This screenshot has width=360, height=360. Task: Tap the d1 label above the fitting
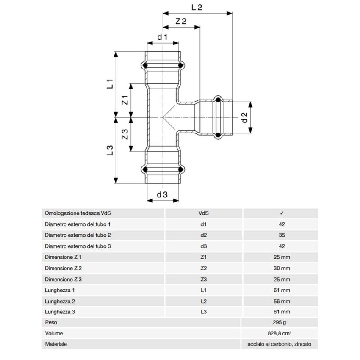[x=163, y=37]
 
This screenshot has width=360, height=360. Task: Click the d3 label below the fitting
[x=163, y=194]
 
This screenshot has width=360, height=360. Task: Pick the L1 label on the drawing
[x=109, y=83]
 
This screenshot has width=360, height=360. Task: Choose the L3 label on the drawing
[x=109, y=151]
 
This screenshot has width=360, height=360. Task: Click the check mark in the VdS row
[x=282, y=213]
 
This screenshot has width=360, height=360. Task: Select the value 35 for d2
[x=282, y=235]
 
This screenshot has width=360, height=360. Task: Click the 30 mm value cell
[x=282, y=268]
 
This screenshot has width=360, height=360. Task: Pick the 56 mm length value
[x=282, y=301]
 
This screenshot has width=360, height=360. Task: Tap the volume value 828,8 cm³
[x=282, y=334]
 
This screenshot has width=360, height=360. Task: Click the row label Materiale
[x=55, y=345]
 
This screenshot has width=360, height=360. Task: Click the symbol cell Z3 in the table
[x=203, y=279]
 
